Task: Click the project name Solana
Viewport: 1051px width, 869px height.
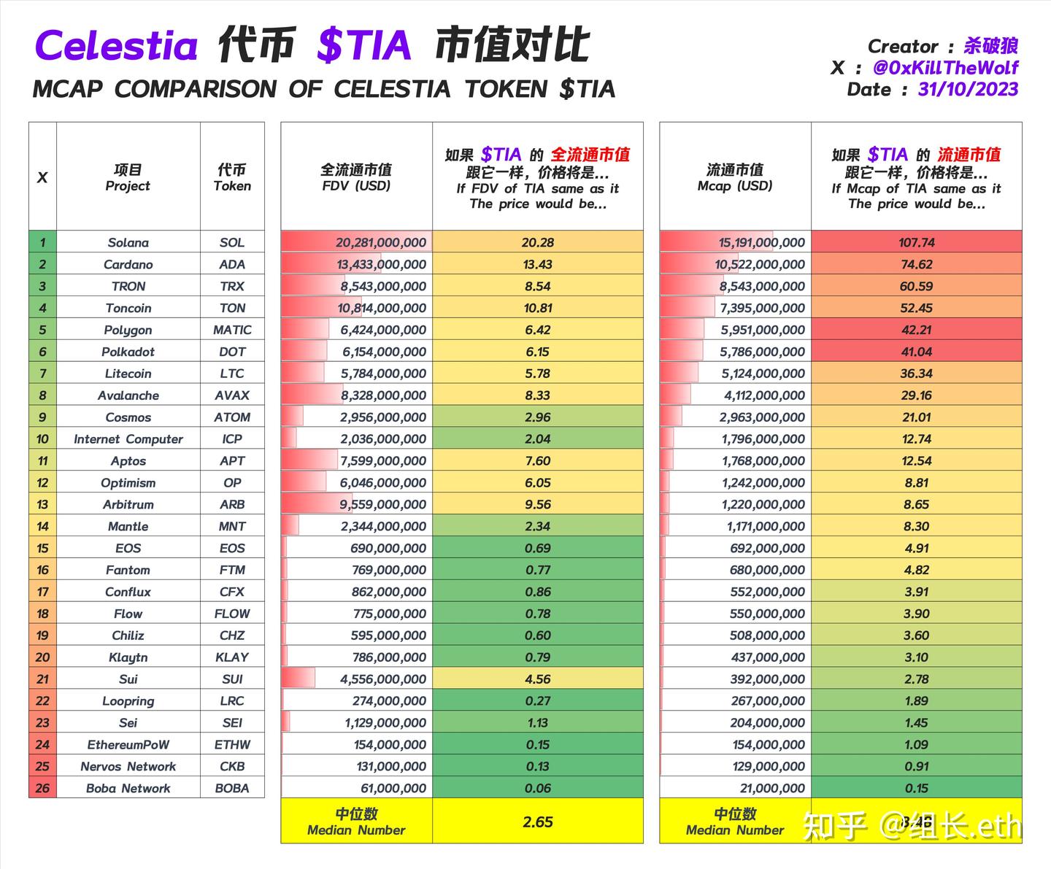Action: click(128, 242)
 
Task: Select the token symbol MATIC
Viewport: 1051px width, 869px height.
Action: click(232, 330)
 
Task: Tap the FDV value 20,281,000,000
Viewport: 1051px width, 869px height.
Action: click(381, 242)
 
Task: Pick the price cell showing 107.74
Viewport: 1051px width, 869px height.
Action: click(916, 242)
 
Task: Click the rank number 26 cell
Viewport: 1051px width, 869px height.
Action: click(42, 788)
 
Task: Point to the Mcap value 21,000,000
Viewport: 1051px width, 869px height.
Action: click(771, 788)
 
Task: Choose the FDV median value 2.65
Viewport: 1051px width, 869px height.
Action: click(538, 822)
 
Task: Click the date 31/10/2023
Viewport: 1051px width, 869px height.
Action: click(968, 90)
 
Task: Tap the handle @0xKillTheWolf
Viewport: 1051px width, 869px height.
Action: click(945, 68)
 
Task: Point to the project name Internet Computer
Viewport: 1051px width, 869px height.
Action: click(128, 439)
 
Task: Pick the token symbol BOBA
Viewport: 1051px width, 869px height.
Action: click(232, 788)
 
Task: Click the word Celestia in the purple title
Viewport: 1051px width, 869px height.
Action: click(117, 46)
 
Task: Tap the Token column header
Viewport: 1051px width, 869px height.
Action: click(232, 177)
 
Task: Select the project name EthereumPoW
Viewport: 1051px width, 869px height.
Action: click(128, 744)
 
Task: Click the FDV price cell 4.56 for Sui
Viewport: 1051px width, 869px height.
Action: click(538, 679)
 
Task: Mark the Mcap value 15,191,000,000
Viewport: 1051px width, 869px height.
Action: click(761, 242)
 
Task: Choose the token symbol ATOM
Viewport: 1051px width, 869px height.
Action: click(232, 417)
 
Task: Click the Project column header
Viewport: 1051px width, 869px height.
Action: click(128, 177)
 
